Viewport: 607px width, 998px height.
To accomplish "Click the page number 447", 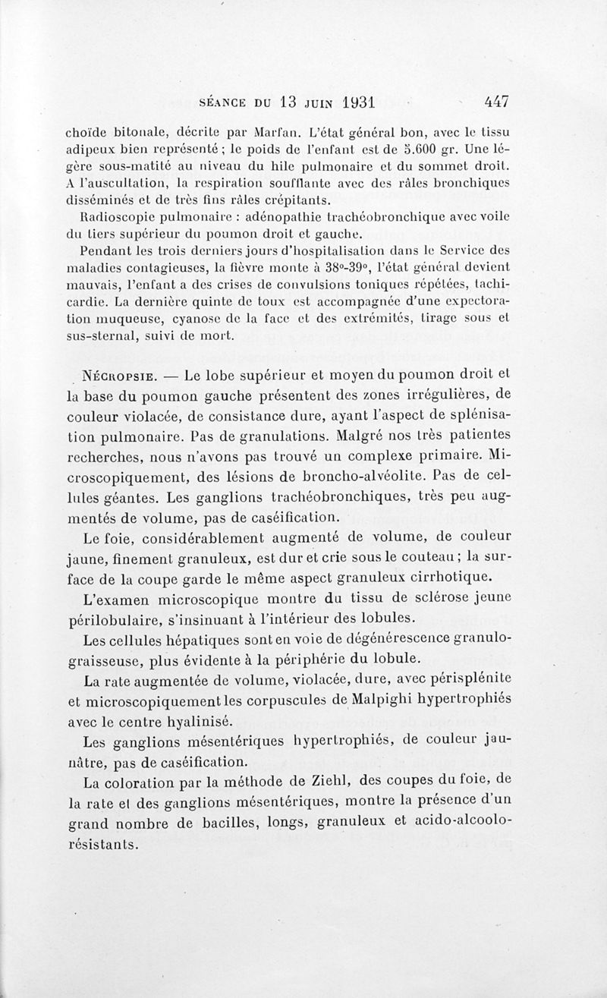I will pos(493,102).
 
